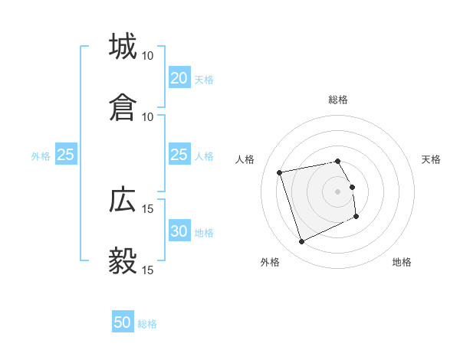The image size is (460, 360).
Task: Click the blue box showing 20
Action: tap(179, 78)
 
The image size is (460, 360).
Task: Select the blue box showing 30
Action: tap(179, 232)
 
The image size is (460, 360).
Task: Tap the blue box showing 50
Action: tap(123, 322)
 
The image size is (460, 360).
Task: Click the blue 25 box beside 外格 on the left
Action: tap(66, 155)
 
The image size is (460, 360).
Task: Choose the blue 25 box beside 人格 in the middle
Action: tap(179, 155)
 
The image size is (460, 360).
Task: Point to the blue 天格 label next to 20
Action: tap(203, 79)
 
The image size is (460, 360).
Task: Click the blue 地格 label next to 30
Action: tap(203, 233)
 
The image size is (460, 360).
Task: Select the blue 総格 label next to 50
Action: tap(147, 324)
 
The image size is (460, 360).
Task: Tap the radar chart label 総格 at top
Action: tap(338, 100)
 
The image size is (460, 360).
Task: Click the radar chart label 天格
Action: tap(431, 159)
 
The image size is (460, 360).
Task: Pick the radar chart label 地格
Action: tap(402, 263)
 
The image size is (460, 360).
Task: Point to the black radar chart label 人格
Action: tap(245, 159)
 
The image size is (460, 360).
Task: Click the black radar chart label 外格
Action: tap(270, 263)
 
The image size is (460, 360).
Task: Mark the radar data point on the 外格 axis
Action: tap(301, 242)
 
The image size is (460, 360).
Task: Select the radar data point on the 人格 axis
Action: tap(280, 172)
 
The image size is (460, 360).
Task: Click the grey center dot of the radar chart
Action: tap(338, 191)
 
